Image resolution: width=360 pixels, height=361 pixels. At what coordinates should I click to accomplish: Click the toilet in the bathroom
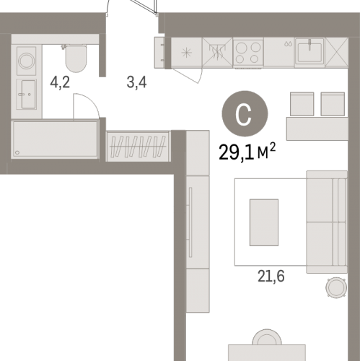75,58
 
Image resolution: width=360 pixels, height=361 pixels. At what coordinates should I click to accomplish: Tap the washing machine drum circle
27,61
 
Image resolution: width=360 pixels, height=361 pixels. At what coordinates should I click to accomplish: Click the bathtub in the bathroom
55,139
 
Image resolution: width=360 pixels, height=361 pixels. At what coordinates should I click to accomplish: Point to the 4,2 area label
60,82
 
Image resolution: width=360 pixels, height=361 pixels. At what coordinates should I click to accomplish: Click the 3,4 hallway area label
136,82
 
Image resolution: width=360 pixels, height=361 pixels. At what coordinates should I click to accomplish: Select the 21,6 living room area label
271,276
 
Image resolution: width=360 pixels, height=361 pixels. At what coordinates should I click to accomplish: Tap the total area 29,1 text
236,152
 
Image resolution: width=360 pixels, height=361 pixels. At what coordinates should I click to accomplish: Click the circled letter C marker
245,113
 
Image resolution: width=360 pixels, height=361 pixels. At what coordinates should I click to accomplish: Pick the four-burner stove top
248,53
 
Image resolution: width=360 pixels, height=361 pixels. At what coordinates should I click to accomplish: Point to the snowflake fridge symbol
187,53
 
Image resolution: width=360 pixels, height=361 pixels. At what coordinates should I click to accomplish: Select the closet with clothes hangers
139,147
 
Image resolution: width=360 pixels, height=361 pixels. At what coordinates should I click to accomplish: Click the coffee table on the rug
264,222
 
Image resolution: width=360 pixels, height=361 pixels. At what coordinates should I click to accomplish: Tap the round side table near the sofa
336,287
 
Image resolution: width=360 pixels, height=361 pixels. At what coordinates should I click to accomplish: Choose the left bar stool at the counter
302,104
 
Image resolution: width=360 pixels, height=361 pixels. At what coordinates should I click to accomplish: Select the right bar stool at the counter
333,104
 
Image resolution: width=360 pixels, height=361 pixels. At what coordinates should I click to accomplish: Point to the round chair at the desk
267,337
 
